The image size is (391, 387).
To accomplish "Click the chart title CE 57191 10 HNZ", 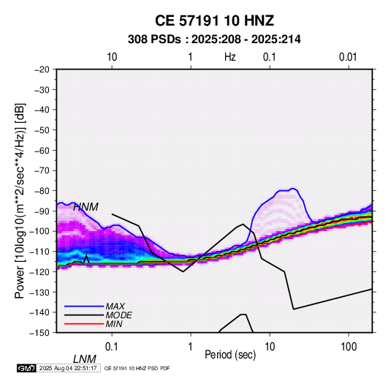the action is point(214,20).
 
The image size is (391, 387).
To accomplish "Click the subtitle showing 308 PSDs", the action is point(214,40).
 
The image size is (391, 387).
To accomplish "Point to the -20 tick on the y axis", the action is point(42,69).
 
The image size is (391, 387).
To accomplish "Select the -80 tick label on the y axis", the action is point(42,191).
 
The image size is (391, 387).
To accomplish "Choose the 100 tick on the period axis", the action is point(349,347).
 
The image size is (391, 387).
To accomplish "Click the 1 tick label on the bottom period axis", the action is point(191,347).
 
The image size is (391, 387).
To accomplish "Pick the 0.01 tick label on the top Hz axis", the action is point(348,57).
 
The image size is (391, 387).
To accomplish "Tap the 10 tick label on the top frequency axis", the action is point(112,57).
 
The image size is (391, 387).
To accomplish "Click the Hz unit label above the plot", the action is point(230,57).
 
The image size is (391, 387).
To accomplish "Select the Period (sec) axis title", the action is point(230,355).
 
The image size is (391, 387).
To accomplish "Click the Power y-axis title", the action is point(20,200).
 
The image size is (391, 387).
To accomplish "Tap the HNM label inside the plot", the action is point(86,207).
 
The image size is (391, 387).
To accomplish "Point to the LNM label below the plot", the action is point(85,359).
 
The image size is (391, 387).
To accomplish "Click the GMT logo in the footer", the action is point(26,368).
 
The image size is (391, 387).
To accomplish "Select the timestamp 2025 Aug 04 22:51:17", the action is point(68,368).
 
